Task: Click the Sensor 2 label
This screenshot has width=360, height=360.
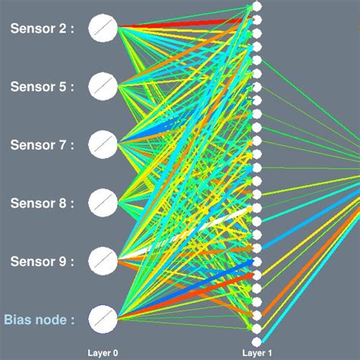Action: (42, 29)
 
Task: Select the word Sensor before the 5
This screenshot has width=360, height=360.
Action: (31, 87)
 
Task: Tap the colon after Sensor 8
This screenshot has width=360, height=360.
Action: (73, 204)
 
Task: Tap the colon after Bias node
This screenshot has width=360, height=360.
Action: (73, 321)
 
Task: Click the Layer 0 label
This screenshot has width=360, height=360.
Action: (103, 353)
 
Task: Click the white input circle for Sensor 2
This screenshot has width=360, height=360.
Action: (103, 29)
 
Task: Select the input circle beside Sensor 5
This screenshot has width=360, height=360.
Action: (103, 86)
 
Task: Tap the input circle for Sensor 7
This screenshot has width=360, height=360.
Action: (103, 144)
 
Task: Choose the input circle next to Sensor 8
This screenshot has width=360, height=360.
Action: (103, 202)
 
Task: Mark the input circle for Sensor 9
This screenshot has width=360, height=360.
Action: (103, 260)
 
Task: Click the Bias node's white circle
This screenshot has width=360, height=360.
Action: (103, 319)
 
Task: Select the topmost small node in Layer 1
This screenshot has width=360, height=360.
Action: (257, 6)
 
